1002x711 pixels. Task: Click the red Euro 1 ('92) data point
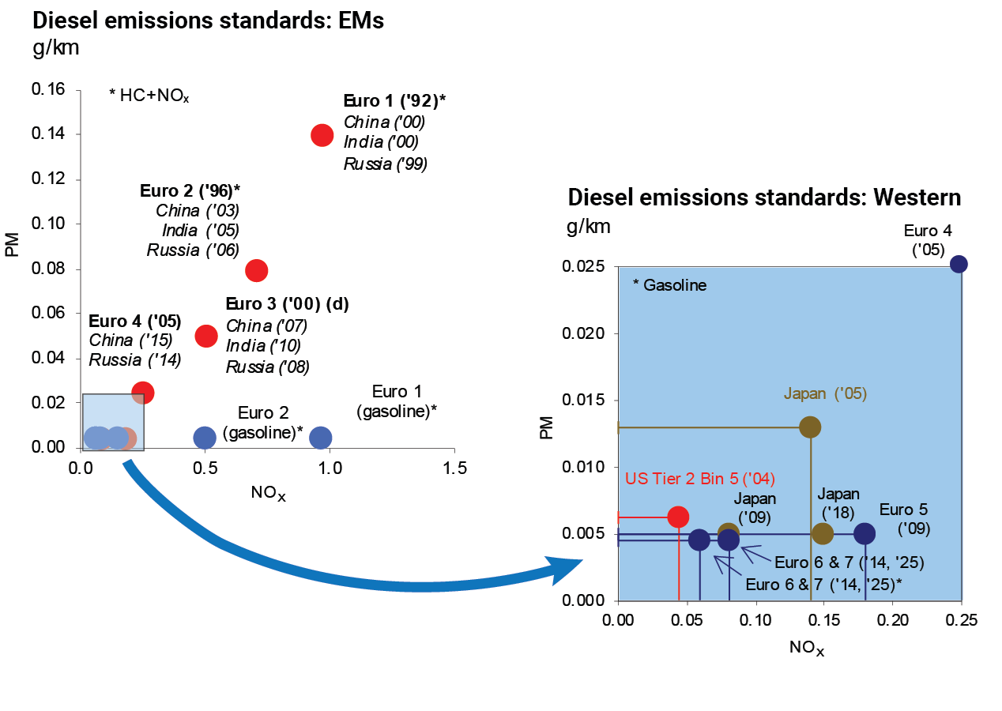(322, 134)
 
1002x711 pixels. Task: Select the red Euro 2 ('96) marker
(256, 270)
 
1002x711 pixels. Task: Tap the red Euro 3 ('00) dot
(205, 336)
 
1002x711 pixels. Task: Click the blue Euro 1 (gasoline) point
(320, 437)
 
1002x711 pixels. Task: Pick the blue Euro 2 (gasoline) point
(205, 437)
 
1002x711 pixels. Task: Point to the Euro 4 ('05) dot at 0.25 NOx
(959, 264)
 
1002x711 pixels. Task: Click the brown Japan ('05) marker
(810, 427)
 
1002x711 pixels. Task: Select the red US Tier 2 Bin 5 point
(678, 516)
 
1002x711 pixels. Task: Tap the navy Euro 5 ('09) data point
(865, 533)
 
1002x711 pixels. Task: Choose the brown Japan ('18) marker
(823, 533)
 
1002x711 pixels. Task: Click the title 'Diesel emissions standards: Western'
(764, 197)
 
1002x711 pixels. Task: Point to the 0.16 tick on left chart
(48, 90)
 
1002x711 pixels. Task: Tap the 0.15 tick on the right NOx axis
(825, 620)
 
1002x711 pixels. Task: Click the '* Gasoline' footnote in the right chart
(670, 285)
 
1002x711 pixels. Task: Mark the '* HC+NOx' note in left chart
(149, 96)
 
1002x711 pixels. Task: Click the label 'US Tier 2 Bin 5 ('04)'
(699, 479)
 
